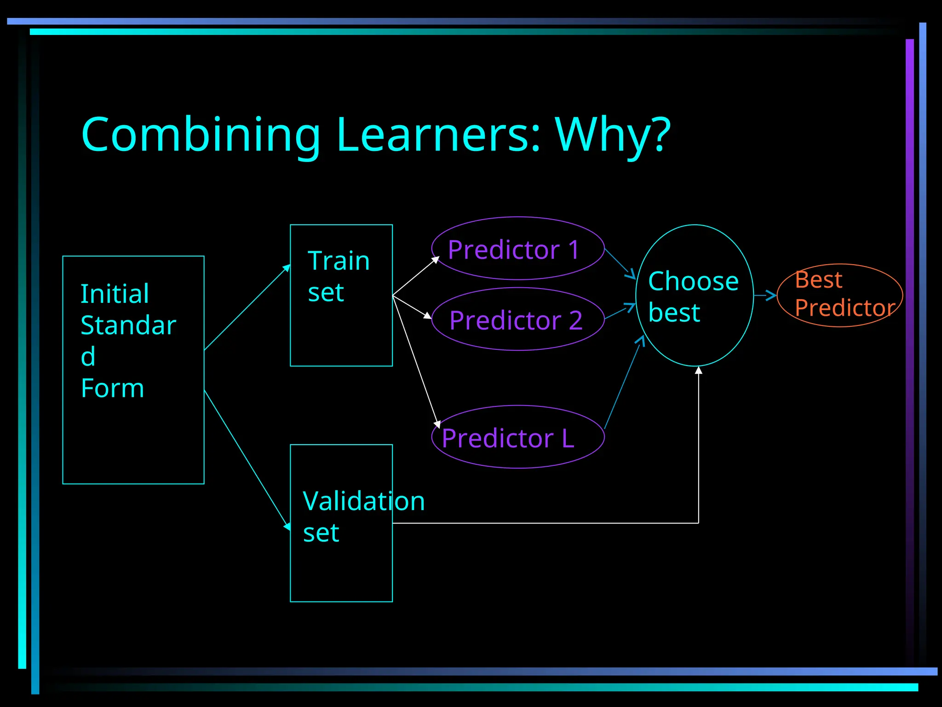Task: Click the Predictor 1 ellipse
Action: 517,249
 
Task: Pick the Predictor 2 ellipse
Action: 517,319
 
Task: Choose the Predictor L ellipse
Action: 517,437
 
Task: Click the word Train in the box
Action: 339,261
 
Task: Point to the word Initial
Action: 115,294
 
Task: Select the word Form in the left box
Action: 112,388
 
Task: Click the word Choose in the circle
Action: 693,281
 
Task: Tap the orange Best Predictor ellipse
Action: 840,295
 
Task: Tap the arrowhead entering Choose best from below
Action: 699,371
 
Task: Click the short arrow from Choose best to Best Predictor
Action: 765,296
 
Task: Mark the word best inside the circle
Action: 674,313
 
